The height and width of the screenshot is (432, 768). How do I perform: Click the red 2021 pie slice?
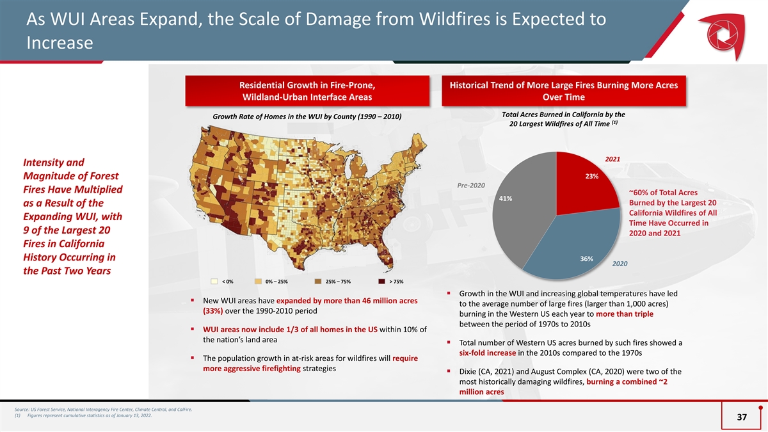pos(583,185)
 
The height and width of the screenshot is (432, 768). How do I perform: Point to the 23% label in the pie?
pos(592,176)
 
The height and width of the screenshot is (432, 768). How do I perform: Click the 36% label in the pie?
pos(587,259)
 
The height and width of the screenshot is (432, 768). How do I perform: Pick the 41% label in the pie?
pos(506,198)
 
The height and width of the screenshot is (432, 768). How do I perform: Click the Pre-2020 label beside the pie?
pos(471,186)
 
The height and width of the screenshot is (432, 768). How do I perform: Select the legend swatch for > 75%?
pos(381,282)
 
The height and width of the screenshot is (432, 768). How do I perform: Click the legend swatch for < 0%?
pos(214,282)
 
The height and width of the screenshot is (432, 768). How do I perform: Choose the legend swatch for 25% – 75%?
pos(318,282)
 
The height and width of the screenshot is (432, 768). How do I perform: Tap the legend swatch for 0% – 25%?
pos(258,282)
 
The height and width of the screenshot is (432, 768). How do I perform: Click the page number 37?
pos(742,417)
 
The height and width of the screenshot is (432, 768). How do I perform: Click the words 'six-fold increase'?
pos(488,353)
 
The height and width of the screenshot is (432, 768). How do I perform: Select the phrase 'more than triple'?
pos(625,314)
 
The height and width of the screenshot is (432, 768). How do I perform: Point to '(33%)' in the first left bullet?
pos(213,311)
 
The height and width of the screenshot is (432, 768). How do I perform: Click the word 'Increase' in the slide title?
pos(60,43)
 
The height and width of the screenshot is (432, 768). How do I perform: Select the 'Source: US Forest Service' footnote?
pos(103,410)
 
